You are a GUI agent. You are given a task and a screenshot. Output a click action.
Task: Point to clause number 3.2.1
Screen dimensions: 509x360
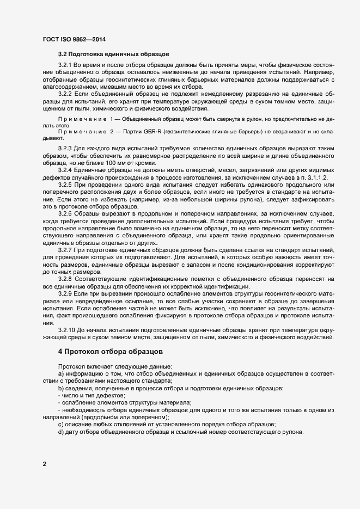point(65,66)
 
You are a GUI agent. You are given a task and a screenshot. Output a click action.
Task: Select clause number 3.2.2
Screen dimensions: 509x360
point(65,93)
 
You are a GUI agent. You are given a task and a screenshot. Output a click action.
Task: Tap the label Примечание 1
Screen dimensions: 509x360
point(84,118)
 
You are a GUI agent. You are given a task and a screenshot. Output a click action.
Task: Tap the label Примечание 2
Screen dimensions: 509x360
point(84,132)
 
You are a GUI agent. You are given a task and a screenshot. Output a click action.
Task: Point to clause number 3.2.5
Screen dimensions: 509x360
point(65,186)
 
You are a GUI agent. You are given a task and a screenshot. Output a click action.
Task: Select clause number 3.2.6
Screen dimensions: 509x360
point(65,213)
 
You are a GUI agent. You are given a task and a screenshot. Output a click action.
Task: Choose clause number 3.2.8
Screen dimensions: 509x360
point(65,279)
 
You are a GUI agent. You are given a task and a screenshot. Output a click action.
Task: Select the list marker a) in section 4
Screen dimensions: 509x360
point(60,375)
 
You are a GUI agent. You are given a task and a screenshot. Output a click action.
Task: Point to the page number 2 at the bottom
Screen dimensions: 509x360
point(44,464)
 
